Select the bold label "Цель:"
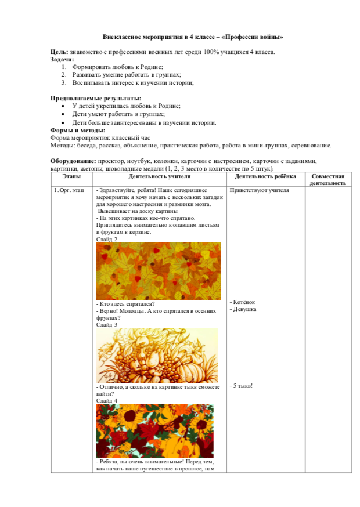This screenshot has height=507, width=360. tap(60, 52)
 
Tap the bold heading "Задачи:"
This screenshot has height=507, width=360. tap(62, 60)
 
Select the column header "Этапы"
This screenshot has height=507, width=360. tap(71, 176)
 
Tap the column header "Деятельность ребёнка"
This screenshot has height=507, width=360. tap(265, 176)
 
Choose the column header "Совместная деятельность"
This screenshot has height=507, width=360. tap(327, 179)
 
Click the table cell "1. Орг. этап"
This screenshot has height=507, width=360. tap(69, 190)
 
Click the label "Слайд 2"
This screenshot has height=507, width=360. tap(107, 239)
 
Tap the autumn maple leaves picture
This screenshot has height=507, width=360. tap(158, 271)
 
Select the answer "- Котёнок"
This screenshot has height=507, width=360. tap(243, 302)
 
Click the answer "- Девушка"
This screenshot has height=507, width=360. tap(243, 309)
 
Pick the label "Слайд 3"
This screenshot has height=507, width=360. tap(107, 325)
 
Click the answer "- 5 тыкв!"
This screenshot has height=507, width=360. tap(242, 386)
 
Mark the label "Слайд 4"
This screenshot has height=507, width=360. tap(107, 400)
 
